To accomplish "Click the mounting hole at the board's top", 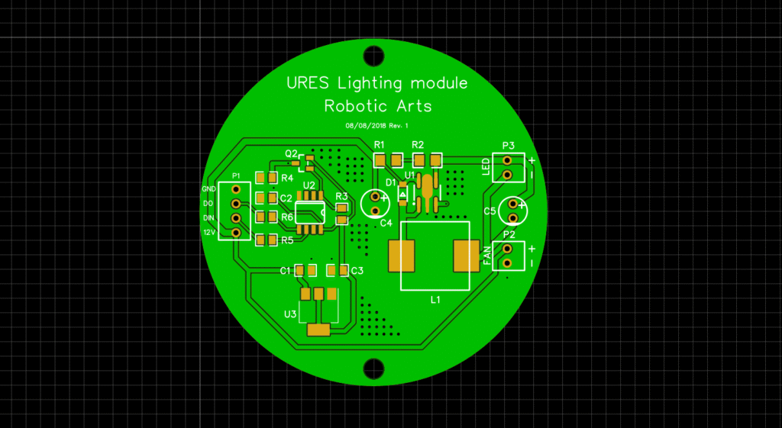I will (x=373, y=55).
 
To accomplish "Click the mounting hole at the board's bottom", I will (x=373, y=368).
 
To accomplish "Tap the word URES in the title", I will (x=308, y=82).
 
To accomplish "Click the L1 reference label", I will (x=435, y=300).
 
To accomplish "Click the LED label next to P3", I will (x=486, y=166).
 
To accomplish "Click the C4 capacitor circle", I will (x=375, y=201).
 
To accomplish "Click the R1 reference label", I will (x=380, y=145).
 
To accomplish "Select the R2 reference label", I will (x=417, y=145).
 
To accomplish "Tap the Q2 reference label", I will (x=291, y=153).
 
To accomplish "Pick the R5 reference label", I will (x=287, y=240).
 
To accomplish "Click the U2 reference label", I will (x=309, y=185).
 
